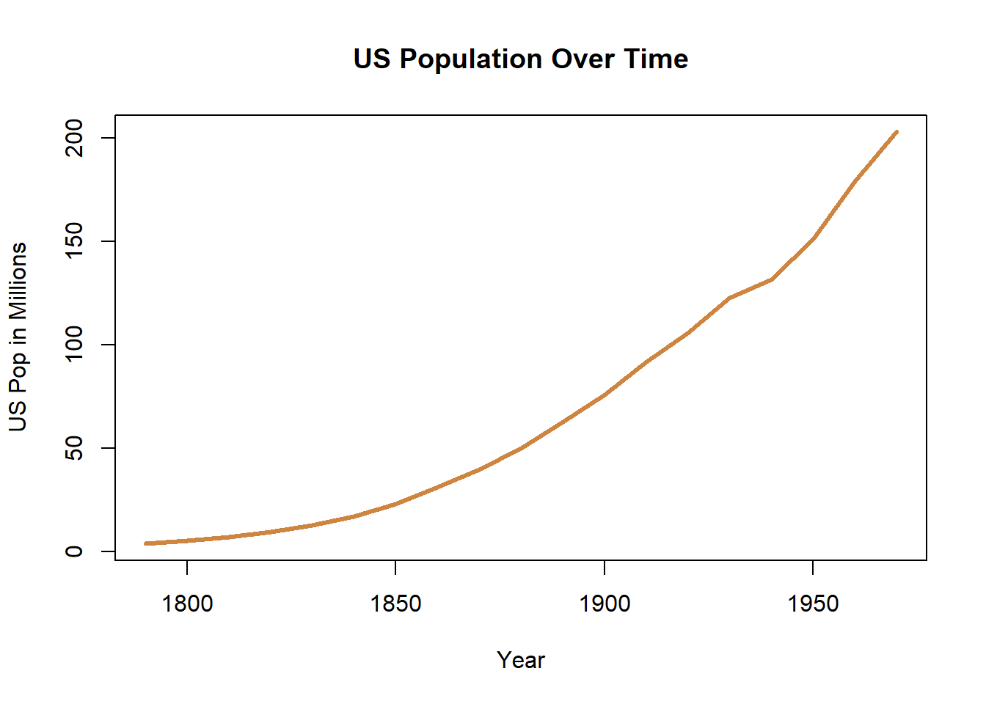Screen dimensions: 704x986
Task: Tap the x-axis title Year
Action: click(521, 660)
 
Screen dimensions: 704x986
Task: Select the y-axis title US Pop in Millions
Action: click(18, 337)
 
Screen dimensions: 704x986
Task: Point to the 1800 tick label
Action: click(187, 604)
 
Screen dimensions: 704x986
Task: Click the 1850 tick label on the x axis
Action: click(395, 604)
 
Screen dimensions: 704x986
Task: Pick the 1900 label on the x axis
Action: click(605, 604)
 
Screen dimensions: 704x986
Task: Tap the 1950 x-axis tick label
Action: click(813, 604)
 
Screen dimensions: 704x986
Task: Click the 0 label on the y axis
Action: click(74, 551)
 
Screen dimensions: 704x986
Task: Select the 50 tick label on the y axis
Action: click(74, 448)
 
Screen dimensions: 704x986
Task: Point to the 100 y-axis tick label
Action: click(74, 345)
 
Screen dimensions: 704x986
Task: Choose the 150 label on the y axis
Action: click(74, 241)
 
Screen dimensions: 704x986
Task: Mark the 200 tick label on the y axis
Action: click(74, 138)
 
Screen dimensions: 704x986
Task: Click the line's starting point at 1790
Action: click(146, 543)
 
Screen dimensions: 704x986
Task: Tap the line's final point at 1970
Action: click(896, 132)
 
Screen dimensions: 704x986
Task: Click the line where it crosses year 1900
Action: click(605, 395)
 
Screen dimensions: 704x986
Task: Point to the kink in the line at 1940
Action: click(771, 279)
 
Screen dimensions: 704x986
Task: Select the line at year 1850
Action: click(395, 504)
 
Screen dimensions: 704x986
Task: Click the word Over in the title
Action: click(583, 59)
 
